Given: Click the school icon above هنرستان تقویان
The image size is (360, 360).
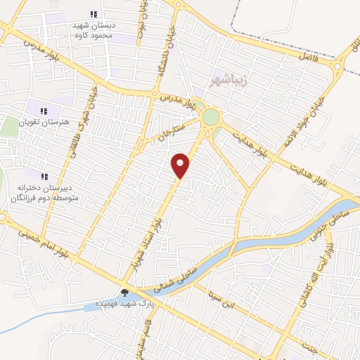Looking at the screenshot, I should [x=44, y=110].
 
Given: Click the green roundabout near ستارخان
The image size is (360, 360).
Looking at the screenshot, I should [x=210, y=117].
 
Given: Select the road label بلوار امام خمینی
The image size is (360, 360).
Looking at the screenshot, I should [x=52, y=243].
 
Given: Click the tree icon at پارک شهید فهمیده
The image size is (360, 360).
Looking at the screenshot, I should [x=124, y=292].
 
